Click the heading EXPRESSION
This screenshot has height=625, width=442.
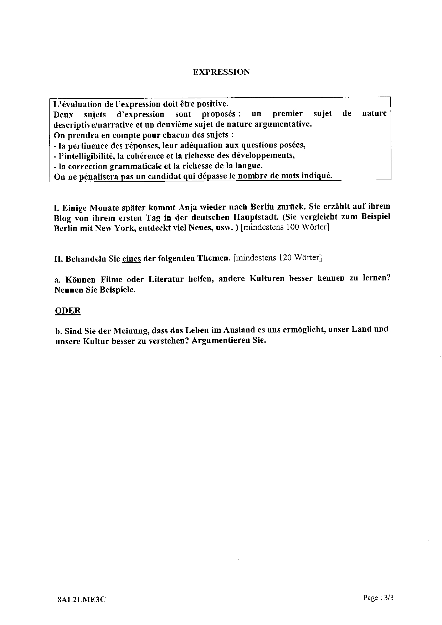[x=221, y=72]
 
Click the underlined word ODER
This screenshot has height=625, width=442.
[x=68, y=310]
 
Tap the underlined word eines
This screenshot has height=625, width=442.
[x=132, y=259]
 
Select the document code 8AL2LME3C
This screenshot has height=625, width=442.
[x=81, y=599]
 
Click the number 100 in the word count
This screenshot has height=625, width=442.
[x=292, y=227]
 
